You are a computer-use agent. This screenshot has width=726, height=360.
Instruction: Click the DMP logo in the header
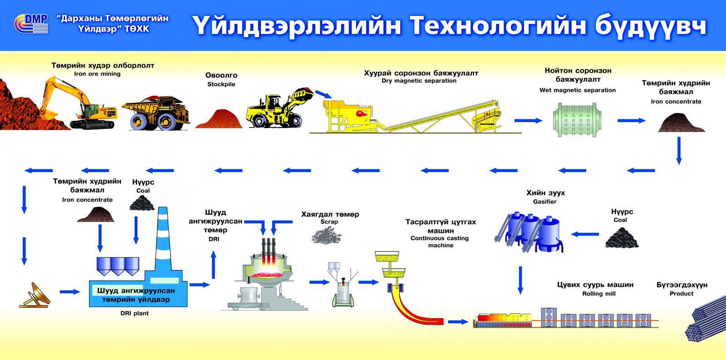pos(31,24)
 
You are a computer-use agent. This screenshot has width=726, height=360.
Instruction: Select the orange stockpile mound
pos(219,119)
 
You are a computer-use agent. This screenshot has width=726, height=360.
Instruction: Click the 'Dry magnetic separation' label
pos(419,81)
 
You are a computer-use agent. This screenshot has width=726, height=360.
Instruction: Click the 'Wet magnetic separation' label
pos(577,90)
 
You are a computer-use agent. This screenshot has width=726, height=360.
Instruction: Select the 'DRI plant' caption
pos(134,313)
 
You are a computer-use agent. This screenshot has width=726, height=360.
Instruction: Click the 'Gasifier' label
pos(544,202)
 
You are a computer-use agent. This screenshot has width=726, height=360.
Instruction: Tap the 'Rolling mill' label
pos(598,294)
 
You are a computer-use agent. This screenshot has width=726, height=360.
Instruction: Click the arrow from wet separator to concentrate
pos(631,120)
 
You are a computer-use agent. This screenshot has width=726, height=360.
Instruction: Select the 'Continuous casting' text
pos(439,238)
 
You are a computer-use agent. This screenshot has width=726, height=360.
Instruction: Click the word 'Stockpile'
pos(221,84)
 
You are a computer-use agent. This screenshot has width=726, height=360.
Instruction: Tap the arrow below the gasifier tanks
pos(520,280)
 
